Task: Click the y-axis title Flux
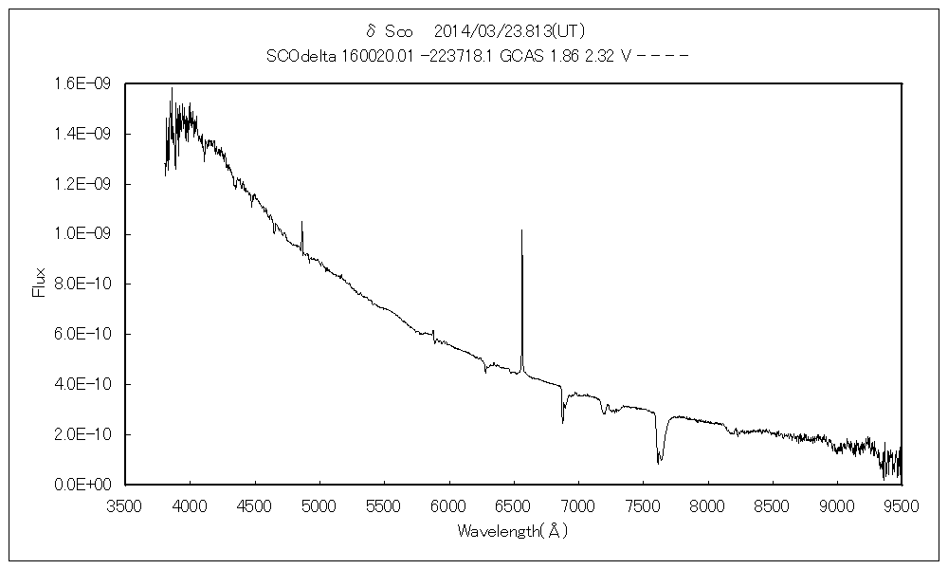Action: coord(39,284)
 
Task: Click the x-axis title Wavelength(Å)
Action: coord(512,531)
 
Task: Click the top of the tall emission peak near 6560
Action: coord(521,230)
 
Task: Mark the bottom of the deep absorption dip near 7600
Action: coord(659,463)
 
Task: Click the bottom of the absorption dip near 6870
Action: coord(562,422)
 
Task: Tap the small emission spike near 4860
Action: coord(301,222)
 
